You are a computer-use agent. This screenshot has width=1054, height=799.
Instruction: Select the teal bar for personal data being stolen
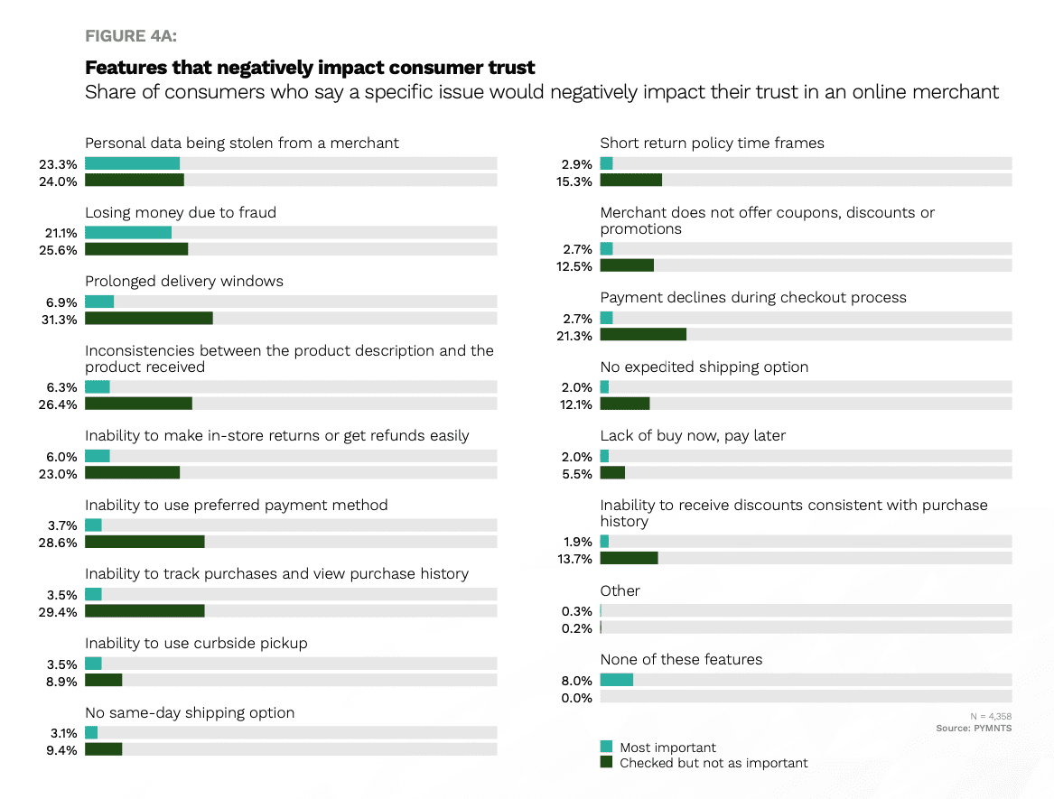pos(132,163)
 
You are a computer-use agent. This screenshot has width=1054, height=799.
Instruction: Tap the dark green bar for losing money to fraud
pos(135,249)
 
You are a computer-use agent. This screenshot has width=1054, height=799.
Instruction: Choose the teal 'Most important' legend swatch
pos(606,747)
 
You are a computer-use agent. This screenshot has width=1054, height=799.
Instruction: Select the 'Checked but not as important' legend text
pos(714,763)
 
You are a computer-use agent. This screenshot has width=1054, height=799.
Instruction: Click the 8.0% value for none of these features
pos(576,681)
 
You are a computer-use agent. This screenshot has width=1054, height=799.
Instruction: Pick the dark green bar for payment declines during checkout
pos(642,335)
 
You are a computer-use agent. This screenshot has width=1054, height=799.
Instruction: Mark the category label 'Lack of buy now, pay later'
pos(693,435)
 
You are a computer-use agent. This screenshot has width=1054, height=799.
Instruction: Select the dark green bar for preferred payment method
pos(145,542)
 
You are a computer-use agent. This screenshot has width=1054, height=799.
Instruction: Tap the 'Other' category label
pos(620,590)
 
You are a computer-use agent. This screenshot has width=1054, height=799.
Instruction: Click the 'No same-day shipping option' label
pos(190,712)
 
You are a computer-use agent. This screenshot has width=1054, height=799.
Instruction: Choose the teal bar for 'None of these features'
pos(616,680)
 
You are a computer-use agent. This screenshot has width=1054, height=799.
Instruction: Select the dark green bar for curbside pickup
pos(103,680)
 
